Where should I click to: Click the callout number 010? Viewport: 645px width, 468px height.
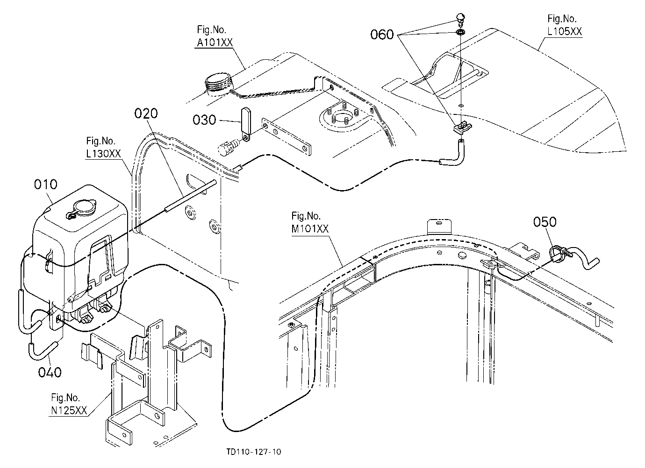coord(46,184)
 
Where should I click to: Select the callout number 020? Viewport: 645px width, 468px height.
coord(146,113)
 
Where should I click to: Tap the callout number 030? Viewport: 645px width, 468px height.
coord(204,120)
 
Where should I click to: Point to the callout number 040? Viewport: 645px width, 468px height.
coord(50,372)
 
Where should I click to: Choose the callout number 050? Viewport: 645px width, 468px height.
coord(545,222)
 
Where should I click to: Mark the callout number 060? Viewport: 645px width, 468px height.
coord(382,35)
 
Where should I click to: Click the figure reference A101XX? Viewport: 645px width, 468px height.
coord(215,43)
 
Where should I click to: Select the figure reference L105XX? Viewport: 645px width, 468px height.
coord(565,31)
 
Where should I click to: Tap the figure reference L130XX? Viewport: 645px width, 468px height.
coord(103,154)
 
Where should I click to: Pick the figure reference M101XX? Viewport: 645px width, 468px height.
coord(310,229)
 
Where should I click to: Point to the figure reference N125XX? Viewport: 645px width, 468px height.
coord(69,411)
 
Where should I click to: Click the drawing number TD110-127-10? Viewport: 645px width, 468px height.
coord(254,452)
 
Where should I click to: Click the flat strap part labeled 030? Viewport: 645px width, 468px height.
coord(245,124)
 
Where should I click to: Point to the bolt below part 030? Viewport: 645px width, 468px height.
coord(229,148)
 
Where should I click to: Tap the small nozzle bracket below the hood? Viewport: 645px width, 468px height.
coord(462,127)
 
